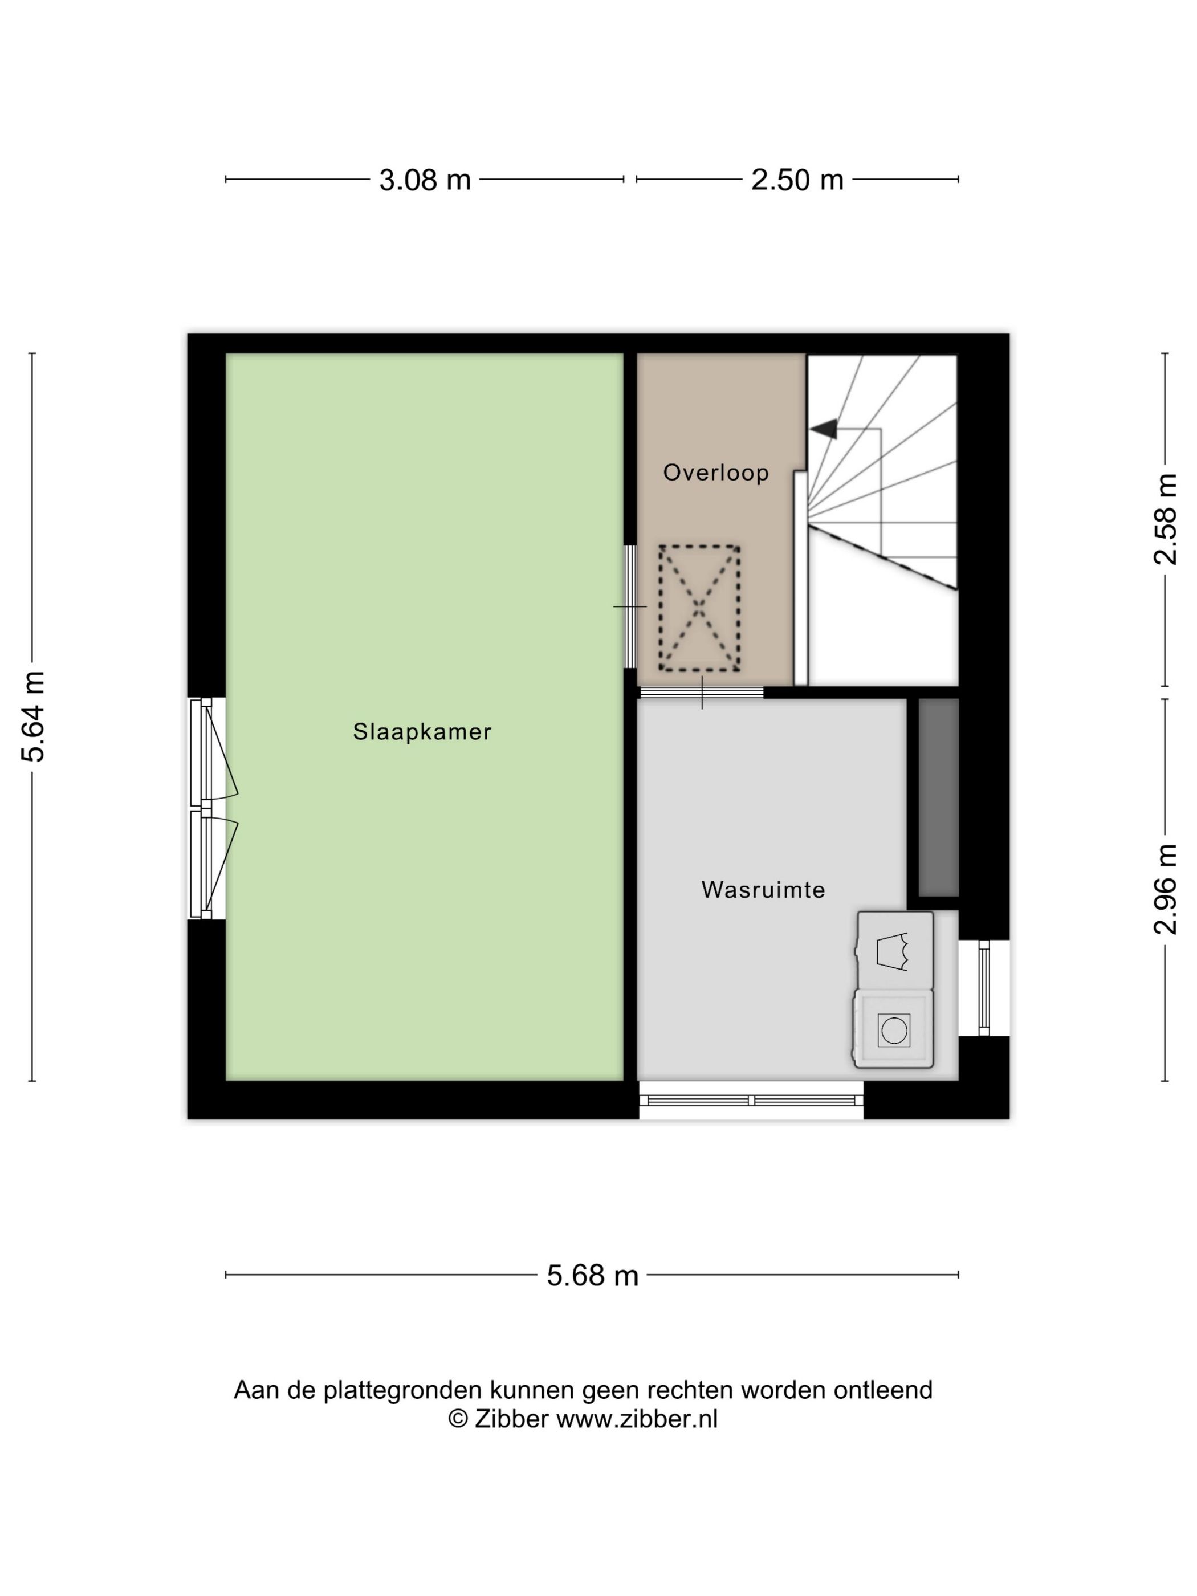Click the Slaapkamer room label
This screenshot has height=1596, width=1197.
[422, 732]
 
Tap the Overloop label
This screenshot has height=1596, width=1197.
[716, 473]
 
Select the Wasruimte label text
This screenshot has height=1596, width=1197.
[763, 890]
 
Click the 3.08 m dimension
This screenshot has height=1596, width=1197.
[425, 180]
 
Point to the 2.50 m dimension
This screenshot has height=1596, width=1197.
[797, 180]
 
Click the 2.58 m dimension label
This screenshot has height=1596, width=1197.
[1165, 519]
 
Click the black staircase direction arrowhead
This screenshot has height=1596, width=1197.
[824, 429]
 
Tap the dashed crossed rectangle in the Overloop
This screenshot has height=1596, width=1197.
[699, 608]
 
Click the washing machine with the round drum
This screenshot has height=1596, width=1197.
[893, 1029]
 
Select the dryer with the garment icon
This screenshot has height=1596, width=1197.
[895, 950]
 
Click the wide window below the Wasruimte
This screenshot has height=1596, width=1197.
[751, 1100]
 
